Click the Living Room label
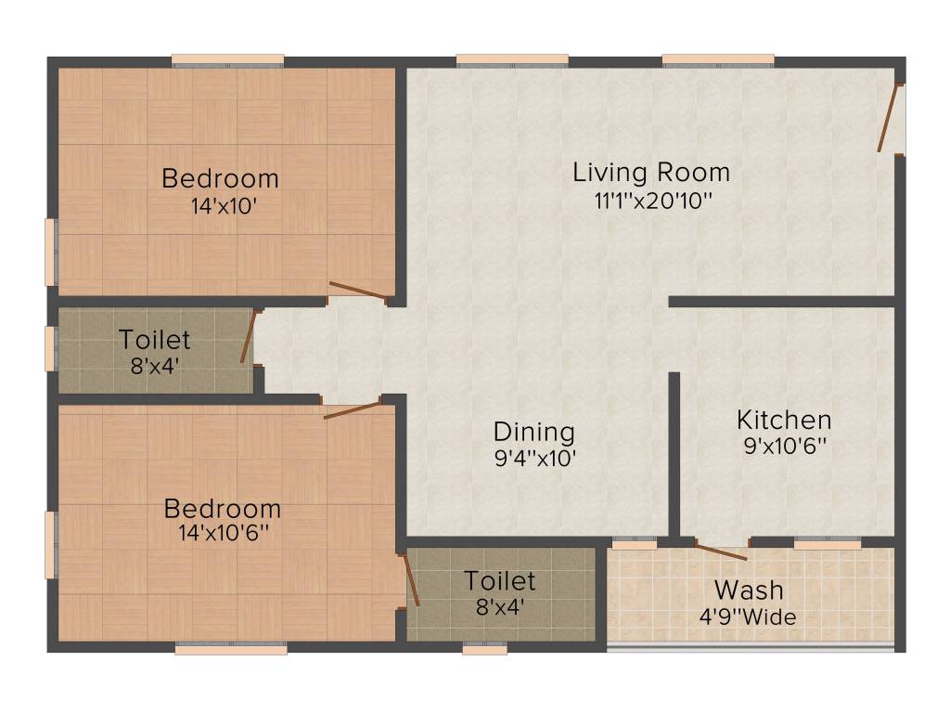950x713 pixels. (x=650, y=173)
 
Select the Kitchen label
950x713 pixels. (x=784, y=419)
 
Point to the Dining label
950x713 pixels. (x=533, y=432)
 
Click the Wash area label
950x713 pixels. (x=748, y=590)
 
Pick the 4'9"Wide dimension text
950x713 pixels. (x=748, y=616)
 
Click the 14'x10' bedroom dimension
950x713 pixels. (x=221, y=206)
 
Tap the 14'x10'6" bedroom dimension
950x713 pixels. (x=223, y=535)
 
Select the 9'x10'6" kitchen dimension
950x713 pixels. (x=784, y=446)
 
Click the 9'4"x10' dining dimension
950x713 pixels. (x=535, y=458)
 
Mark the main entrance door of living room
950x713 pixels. (x=890, y=118)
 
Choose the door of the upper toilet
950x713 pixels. (x=248, y=336)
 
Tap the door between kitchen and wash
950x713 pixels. (x=721, y=551)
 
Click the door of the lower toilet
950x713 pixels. (x=411, y=580)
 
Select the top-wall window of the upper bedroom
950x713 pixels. (x=227, y=61)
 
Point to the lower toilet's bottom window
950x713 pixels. (x=484, y=650)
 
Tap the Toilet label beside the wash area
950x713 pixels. (x=500, y=581)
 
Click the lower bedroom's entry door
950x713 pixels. (x=352, y=410)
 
